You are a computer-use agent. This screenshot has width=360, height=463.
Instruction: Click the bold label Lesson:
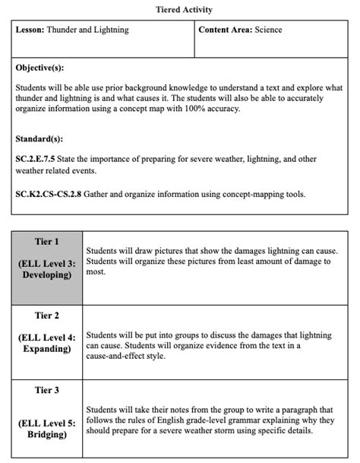point(30,30)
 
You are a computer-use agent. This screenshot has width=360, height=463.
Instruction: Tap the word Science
point(269,30)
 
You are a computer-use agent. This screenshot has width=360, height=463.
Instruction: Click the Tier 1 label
point(47,242)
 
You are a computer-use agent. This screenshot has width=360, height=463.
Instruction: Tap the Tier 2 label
point(47,316)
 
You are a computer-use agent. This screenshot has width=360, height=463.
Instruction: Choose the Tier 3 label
point(47,390)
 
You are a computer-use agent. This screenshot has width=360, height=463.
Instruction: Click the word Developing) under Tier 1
point(47,274)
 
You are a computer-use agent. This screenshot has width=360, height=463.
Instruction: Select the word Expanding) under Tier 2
point(47,349)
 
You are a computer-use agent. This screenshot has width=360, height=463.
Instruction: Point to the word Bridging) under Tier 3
point(47,434)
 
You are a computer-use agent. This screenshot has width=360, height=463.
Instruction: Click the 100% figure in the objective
point(190,109)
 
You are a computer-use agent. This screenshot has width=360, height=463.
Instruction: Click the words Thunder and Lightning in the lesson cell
point(87,30)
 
